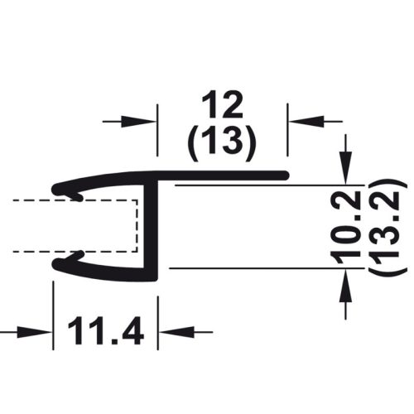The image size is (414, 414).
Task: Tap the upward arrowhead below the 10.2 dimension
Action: (346, 279)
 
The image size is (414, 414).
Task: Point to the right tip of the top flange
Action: (286, 175)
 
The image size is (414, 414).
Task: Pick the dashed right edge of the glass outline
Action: (137, 224)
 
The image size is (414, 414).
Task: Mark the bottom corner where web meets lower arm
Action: (154, 276)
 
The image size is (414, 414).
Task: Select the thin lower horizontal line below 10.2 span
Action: (248, 267)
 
